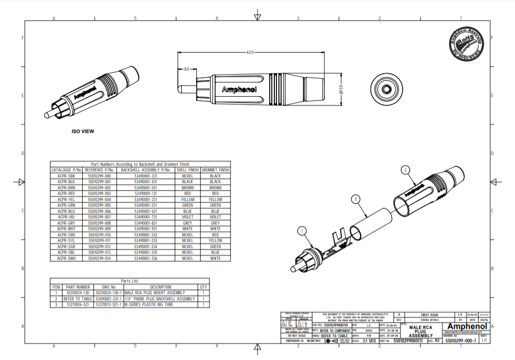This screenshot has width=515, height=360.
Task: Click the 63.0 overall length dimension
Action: point(250,52)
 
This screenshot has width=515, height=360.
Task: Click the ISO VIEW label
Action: point(83,131)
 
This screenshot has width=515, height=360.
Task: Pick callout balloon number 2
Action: point(405,169)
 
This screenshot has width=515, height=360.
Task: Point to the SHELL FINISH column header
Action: point(187,170)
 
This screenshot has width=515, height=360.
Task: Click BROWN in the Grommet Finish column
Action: point(215,188)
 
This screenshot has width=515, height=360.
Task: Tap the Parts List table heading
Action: point(129,281)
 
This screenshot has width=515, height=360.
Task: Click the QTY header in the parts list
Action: point(203,287)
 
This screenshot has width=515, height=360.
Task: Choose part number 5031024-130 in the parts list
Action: point(78,293)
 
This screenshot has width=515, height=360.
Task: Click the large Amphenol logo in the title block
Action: point(467,326)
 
